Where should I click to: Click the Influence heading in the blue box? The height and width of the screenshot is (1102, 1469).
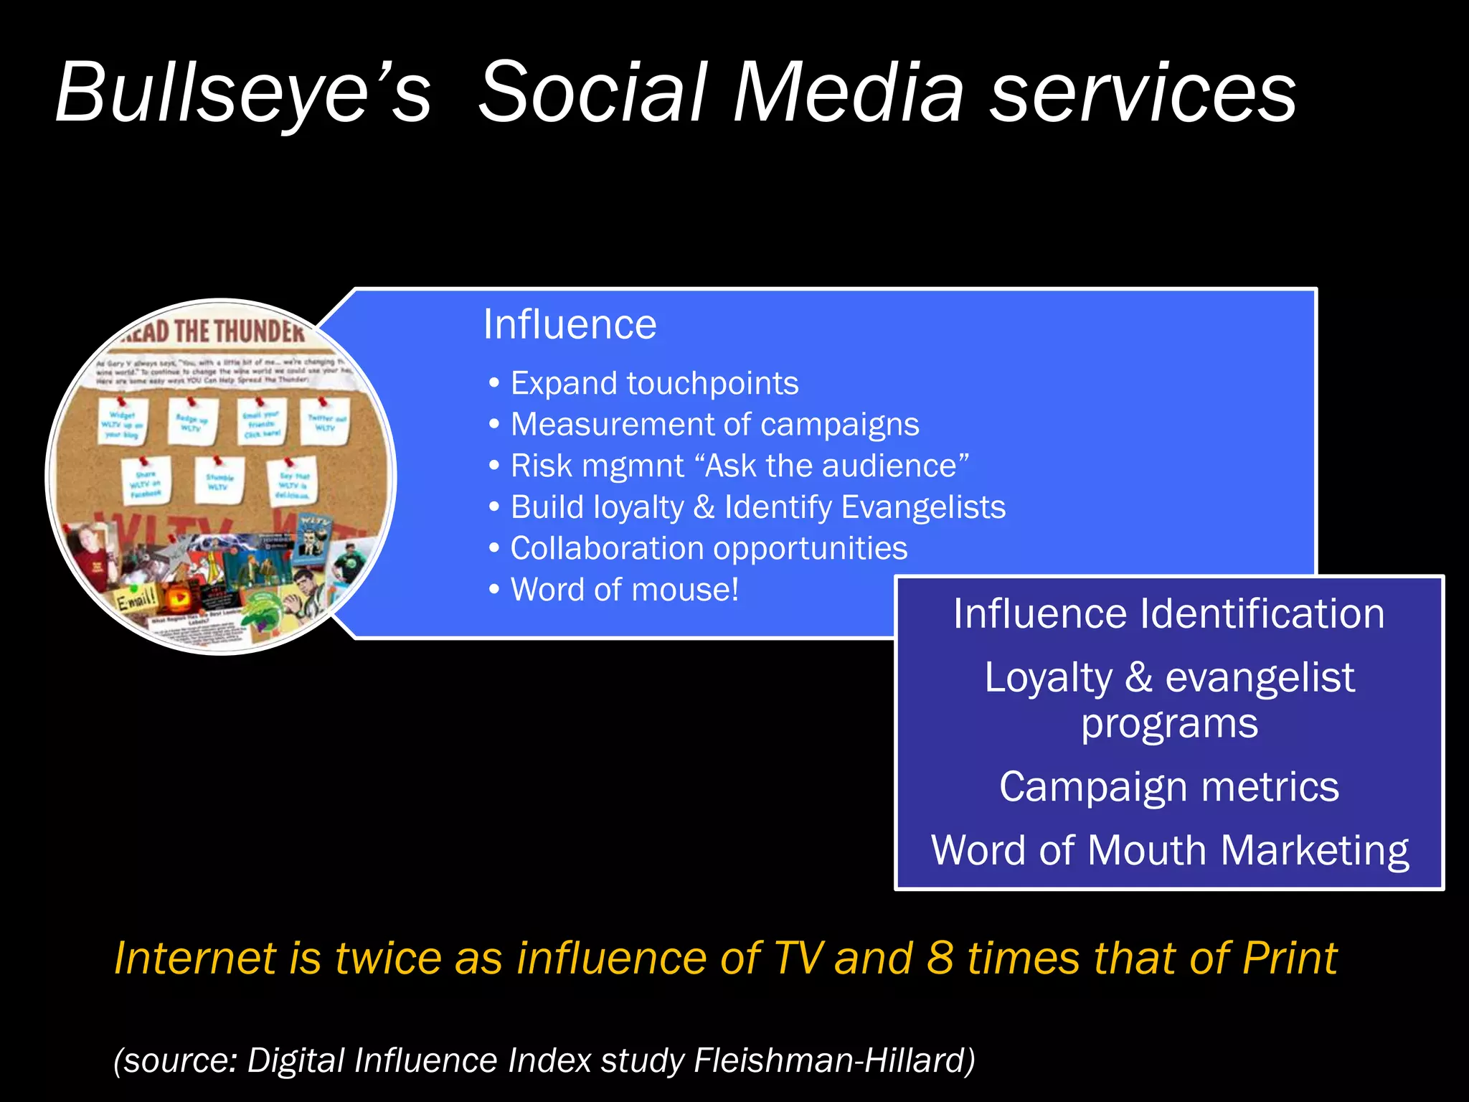570,324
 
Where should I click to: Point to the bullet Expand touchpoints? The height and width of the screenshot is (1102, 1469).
654,383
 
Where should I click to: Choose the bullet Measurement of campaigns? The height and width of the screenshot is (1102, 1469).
714,424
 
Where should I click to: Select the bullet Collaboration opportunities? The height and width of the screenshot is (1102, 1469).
709,548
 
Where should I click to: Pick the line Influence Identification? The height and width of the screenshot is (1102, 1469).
1168,614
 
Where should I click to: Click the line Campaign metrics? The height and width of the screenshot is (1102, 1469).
1168,786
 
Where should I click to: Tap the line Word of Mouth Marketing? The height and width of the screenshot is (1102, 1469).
1169,850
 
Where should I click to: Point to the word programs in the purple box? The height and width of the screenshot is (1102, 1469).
1169,723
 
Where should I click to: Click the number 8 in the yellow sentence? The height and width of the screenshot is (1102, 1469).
940,958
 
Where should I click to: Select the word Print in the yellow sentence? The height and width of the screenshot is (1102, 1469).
1289,958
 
